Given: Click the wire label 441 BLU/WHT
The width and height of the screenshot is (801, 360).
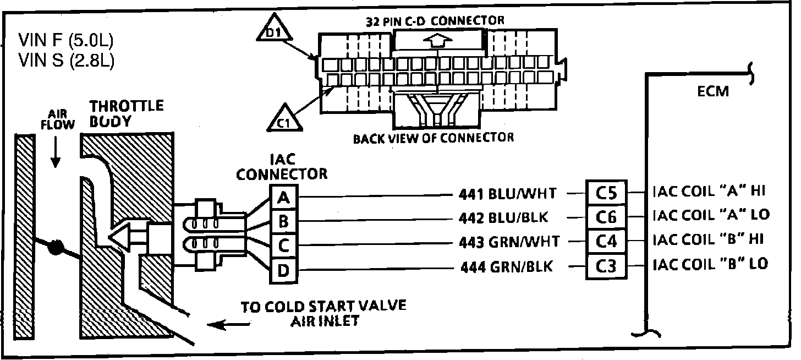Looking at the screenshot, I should (x=507, y=193).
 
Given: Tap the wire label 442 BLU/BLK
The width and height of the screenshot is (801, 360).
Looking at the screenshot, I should (x=503, y=217).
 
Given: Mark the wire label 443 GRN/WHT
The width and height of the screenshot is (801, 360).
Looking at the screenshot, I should (x=508, y=242).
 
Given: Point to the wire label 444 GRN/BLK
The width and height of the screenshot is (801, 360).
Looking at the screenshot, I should (x=506, y=268).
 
